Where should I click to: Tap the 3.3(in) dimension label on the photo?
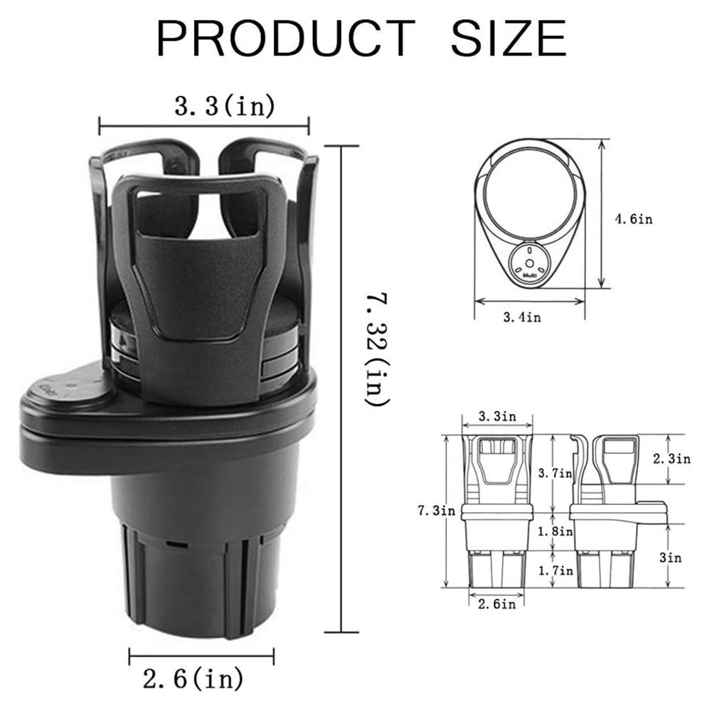pyautogui.click(x=225, y=107)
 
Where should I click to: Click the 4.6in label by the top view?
pyautogui.click(x=633, y=219)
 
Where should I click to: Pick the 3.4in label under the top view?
pyautogui.click(x=521, y=317)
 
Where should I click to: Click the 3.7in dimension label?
pyautogui.click(x=556, y=472)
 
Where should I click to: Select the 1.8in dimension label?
pyautogui.click(x=556, y=531)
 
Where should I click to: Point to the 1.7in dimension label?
pyautogui.click(x=556, y=570)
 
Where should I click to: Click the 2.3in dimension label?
pyautogui.click(x=672, y=459)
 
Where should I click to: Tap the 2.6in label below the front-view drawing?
pyautogui.click(x=496, y=605)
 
